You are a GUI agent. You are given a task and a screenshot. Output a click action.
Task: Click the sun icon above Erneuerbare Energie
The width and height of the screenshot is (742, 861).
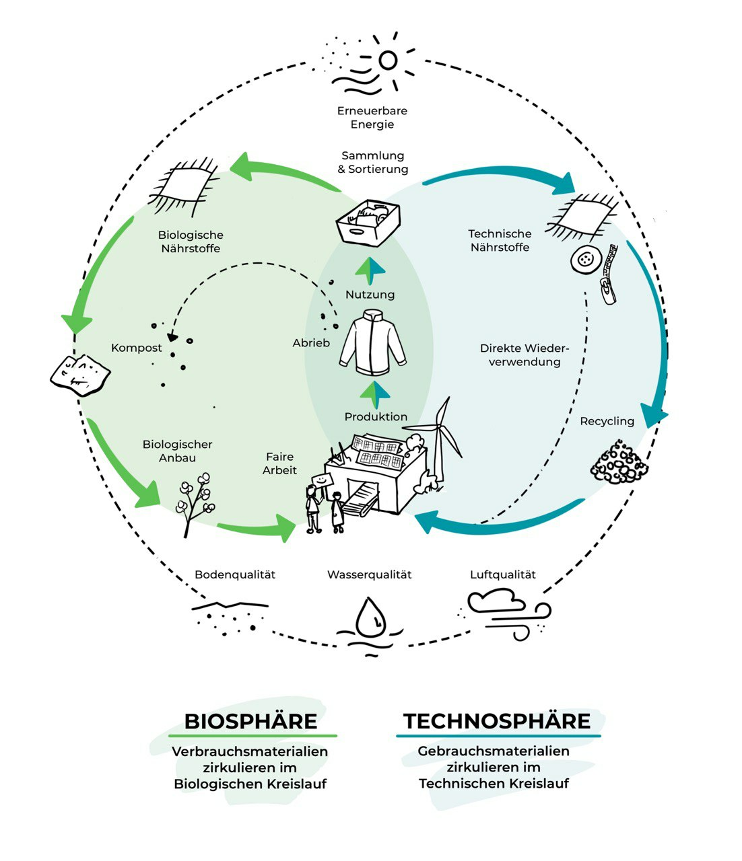pos(387,60)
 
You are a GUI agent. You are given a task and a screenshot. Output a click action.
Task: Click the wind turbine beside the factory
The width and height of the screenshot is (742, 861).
pos(441,437)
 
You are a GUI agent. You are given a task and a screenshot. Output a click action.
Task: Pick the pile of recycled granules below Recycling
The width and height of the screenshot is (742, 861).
pos(618,462)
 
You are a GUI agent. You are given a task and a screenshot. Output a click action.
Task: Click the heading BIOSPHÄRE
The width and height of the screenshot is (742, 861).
pos(250,722)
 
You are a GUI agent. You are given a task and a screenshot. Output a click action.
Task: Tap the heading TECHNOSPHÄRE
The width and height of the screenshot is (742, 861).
pos(497,722)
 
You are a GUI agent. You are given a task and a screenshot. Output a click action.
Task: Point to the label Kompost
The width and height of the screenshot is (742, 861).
pos(137,348)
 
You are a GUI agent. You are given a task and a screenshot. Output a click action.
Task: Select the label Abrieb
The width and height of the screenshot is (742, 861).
pos(311,343)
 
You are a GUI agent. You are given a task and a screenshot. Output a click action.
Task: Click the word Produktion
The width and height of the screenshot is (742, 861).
pos(376,417)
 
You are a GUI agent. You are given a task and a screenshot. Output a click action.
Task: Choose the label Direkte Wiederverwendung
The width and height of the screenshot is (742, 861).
pos(525,355)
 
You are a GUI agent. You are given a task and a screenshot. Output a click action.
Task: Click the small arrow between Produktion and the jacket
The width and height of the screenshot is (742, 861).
pos(375,394)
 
